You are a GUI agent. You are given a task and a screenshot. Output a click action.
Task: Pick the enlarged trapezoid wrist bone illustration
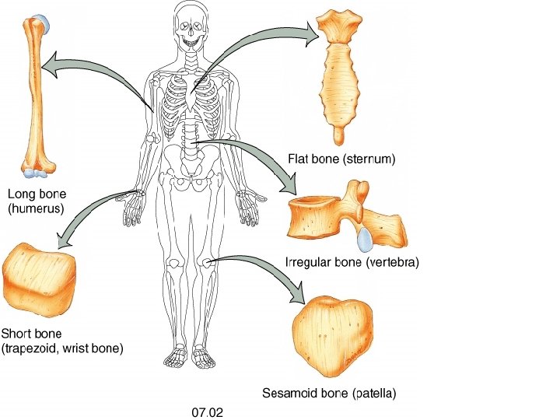[x=37, y=276]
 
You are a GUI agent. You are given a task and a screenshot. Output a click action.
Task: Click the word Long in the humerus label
[x=21, y=194]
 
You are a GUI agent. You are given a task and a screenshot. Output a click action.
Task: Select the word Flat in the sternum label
[x=299, y=159]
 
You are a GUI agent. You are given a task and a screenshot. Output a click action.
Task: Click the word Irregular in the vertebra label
[x=310, y=263]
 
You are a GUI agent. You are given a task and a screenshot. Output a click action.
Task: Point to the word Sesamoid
[x=289, y=394]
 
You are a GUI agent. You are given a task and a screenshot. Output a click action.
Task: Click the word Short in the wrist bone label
[x=16, y=334]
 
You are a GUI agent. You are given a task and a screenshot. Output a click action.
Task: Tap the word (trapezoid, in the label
[x=32, y=348]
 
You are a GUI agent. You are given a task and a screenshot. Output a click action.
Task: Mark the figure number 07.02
[x=208, y=411]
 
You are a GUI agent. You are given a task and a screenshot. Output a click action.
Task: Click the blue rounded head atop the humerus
[x=43, y=23]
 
